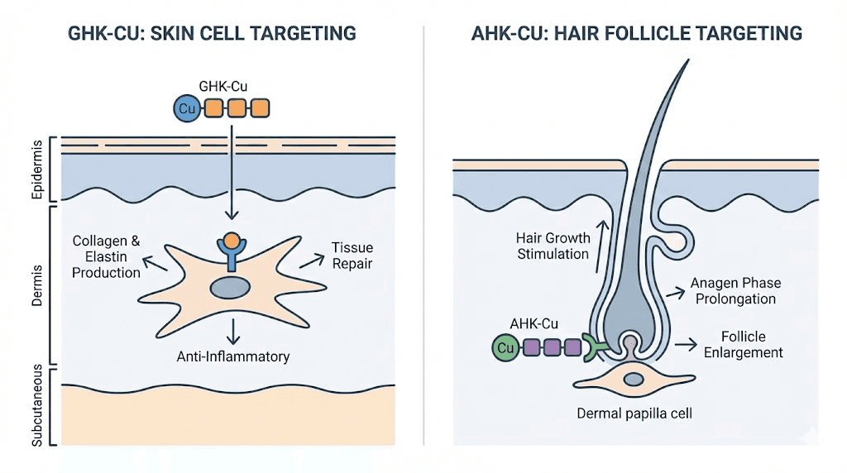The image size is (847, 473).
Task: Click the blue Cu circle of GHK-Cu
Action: click(186, 107)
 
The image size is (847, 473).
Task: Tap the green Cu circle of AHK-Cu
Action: click(505, 348)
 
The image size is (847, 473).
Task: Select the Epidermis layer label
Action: click(36, 170)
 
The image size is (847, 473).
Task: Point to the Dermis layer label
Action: click(36, 286)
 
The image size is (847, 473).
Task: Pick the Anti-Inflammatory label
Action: click(233, 356)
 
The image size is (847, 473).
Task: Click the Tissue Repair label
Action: click(352, 256)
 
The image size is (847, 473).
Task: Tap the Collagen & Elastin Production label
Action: click(106, 256)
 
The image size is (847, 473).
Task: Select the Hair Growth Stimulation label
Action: click(553, 246)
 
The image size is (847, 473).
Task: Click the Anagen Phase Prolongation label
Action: click(735, 290)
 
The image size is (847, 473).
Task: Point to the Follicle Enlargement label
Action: click(741, 345)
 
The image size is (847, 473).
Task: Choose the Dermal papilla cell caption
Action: click(634, 413)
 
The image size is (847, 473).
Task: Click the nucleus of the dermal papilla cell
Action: click(634, 379)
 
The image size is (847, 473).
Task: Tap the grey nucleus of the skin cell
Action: click(231, 288)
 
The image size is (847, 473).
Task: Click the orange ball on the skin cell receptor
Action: click(231, 242)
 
